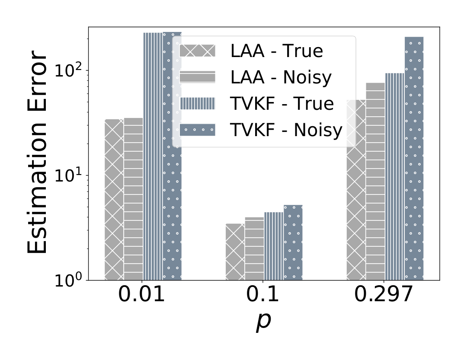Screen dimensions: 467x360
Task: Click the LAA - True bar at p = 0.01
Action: [114, 200]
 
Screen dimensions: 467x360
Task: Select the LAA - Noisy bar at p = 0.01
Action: [134, 199]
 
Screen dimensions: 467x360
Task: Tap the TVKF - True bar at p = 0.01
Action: [153, 156]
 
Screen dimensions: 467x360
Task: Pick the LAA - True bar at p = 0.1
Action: [235, 252]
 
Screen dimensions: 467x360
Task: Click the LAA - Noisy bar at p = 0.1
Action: [254, 248]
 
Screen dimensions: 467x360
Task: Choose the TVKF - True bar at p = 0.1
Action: [274, 246]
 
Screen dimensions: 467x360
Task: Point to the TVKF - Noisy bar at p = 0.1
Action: [293, 242]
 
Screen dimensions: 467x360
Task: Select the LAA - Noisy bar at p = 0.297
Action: [375, 182]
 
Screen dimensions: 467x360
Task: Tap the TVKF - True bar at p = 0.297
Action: [395, 177]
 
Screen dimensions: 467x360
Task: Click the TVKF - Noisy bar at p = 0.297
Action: [414, 159]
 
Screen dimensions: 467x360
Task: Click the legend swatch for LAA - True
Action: [198, 51]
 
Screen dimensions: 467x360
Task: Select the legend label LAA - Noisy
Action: [281, 77]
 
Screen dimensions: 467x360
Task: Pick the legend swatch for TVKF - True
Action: [198, 103]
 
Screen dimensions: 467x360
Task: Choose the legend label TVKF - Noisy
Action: [287, 130]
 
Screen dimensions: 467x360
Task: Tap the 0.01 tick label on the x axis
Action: [141, 294]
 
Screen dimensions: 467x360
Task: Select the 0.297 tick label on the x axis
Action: [384, 294]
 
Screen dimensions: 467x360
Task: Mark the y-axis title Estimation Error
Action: [37, 152]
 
